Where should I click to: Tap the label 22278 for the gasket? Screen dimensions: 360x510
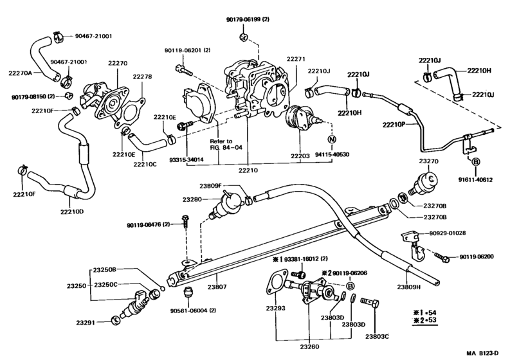(142, 77)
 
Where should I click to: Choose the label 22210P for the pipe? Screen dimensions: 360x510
(395, 124)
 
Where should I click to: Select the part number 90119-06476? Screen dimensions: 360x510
(149, 224)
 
